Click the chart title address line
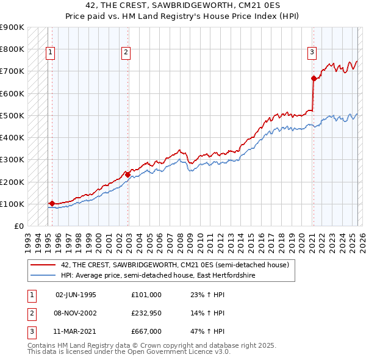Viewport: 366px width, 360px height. (x=182, y=5)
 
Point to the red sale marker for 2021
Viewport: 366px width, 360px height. (x=314, y=78)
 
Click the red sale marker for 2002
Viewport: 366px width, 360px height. (x=127, y=175)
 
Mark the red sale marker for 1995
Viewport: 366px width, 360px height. (x=52, y=203)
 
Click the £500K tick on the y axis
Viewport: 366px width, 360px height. (x=12, y=115)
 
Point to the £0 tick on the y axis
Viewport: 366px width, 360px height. (x=18, y=226)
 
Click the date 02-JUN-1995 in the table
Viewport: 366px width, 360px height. (x=76, y=294)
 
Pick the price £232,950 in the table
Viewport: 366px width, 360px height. (x=146, y=313)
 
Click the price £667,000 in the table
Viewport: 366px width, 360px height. (x=146, y=333)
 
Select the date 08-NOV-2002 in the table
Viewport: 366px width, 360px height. (x=76, y=313)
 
